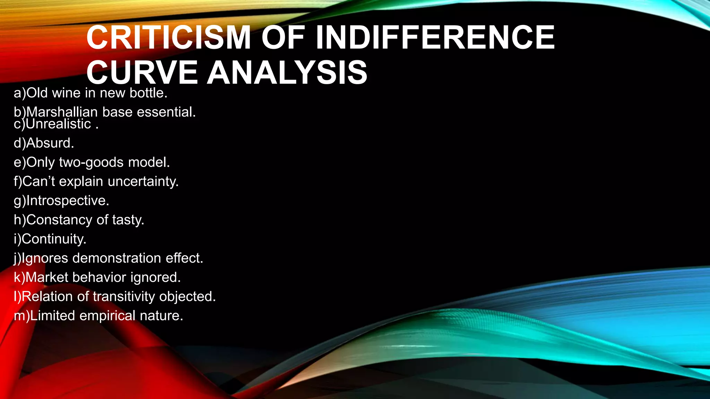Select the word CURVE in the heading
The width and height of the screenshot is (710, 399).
tap(142, 73)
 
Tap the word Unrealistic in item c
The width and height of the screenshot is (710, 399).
tap(58, 124)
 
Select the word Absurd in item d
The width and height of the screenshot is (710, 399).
tap(50, 143)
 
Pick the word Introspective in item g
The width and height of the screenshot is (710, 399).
tap(67, 201)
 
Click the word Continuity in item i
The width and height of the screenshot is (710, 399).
tap(53, 239)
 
